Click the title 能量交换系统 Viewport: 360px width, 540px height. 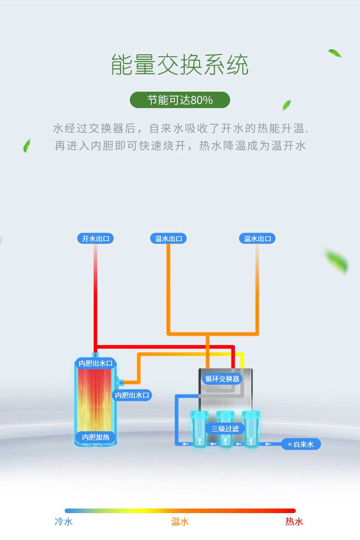(180, 64)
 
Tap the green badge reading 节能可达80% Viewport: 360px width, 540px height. (180, 100)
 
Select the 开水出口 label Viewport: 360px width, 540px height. (95, 239)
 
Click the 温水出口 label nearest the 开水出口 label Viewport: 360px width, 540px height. (168, 239)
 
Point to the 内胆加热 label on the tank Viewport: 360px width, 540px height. (96, 437)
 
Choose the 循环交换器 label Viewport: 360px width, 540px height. (222, 379)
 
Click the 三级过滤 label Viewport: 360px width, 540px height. (225, 429)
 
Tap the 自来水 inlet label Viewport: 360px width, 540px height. (301, 444)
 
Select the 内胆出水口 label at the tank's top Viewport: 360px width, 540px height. (95, 363)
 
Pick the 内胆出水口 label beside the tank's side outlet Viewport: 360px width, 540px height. (132, 395)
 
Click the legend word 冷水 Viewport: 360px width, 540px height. (64, 521)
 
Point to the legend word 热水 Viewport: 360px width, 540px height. (294, 521)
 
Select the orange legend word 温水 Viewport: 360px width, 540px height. (180, 521)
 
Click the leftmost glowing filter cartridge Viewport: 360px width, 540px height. (200, 429)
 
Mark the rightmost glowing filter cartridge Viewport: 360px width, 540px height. (251, 429)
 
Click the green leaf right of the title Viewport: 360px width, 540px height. (334, 53)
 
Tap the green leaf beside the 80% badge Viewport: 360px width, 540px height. (286, 105)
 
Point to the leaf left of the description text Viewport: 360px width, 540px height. (27, 145)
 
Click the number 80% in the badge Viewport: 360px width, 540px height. (202, 100)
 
